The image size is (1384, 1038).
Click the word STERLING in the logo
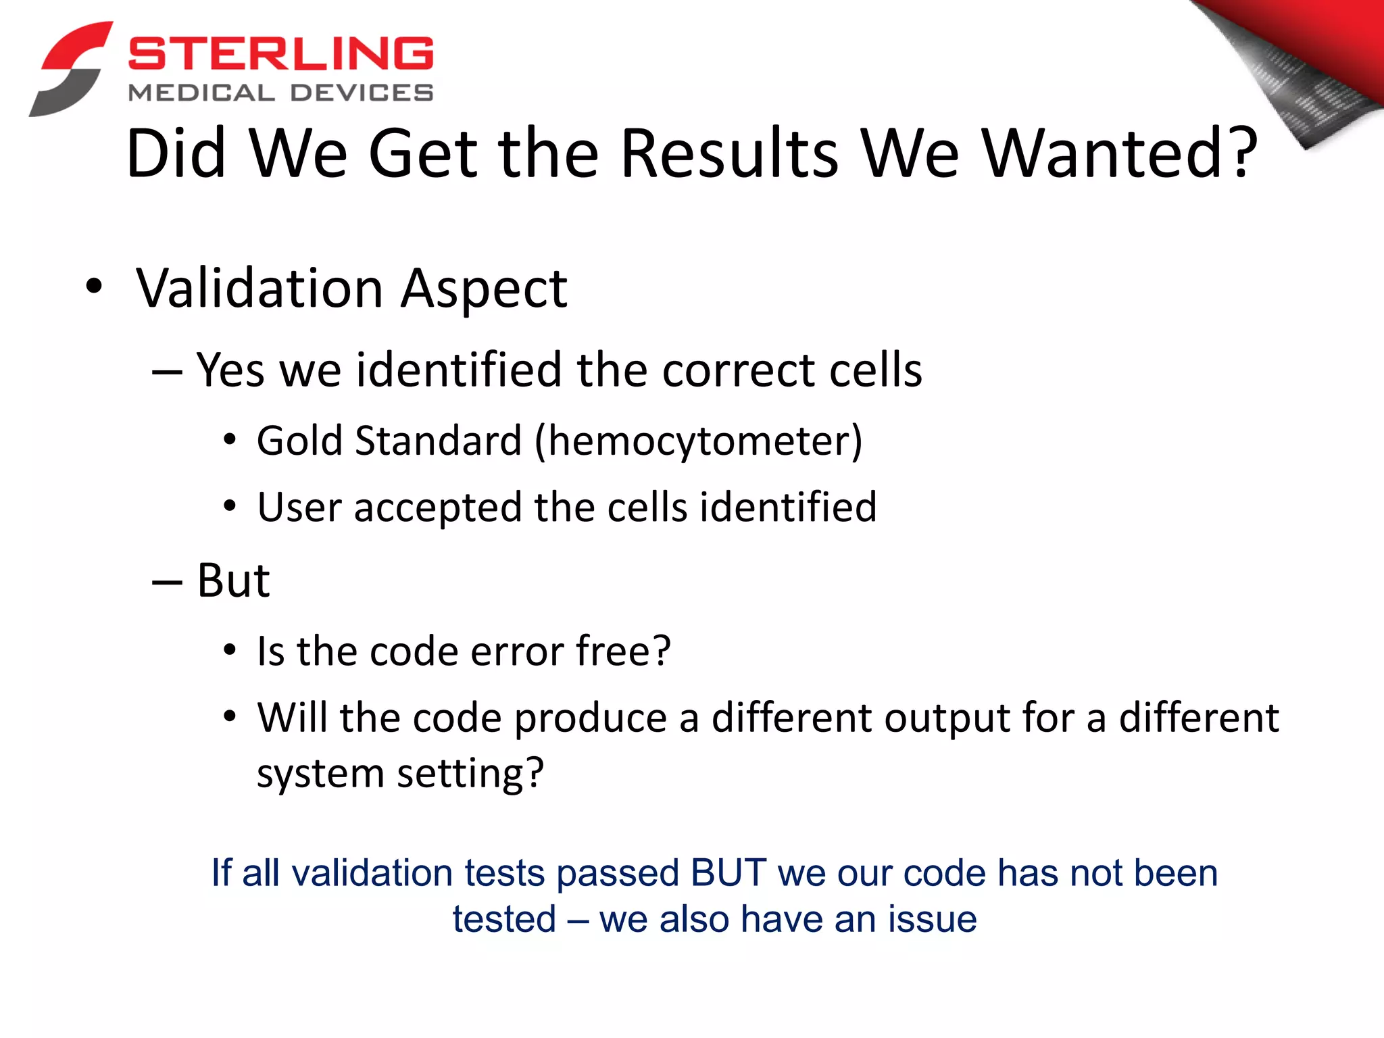(x=280, y=54)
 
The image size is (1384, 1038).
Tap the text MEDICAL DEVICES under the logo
(x=280, y=93)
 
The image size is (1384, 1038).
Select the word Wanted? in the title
(x=1120, y=153)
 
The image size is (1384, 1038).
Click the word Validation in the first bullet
(x=259, y=289)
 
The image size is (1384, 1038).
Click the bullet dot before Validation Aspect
(x=94, y=287)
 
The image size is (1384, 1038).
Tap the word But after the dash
(x=233, y=580)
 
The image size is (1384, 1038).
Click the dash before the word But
(x=167, y=582)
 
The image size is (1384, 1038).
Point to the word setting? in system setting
(x=470, y=774)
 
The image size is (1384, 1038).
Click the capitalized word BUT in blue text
(x=728, y=872)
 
